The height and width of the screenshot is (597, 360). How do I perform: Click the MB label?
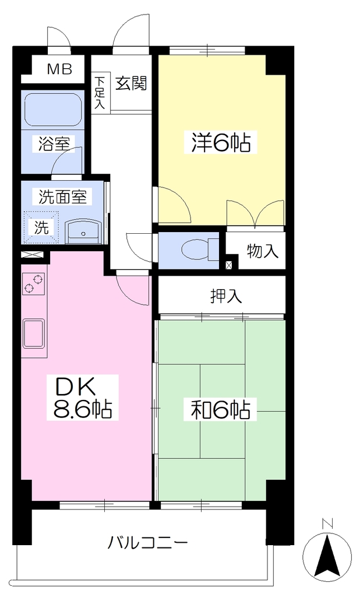point(60,69)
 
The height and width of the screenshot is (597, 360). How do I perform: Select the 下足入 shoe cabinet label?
point(100,93)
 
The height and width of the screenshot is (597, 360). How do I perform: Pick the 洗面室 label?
point(62,196)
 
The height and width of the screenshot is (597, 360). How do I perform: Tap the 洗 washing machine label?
point(42,228)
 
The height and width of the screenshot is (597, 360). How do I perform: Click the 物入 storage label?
point(262,251)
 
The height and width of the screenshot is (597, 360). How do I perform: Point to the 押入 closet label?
point(226,296)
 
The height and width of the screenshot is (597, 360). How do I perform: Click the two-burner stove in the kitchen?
point(34,285)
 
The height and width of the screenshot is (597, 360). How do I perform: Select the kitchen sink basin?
point(33,333)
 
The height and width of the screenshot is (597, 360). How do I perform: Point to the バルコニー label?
point(147,542)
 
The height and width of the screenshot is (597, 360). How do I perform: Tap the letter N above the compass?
point(327,524)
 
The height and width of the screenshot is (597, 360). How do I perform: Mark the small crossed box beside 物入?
point(229,265)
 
